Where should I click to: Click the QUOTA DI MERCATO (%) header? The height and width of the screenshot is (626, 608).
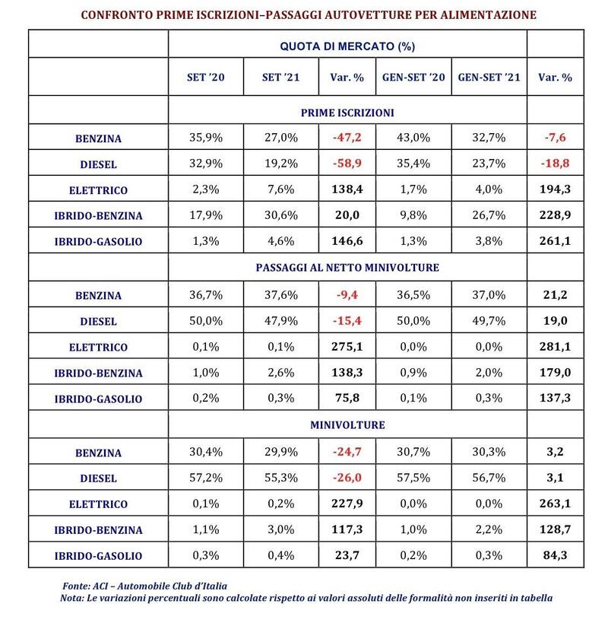coord(347,46)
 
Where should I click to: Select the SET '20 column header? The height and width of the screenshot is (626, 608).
coord(205,77)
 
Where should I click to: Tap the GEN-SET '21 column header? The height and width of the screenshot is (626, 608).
coord(489,77)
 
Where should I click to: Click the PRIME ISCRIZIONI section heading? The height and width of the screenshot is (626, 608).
coord(347,113)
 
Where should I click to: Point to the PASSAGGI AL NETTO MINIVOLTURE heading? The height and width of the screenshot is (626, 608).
coord(347,268)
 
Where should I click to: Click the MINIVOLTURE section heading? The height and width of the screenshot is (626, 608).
coord(347,424)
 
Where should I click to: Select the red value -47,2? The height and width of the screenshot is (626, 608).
coord(347,138)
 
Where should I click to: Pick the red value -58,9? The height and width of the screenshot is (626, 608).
coord(347,164)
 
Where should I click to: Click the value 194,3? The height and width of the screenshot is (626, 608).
coord(555,189)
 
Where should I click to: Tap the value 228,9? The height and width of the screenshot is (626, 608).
coord(555,214)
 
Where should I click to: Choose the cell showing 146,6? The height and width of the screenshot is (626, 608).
coord(347,240)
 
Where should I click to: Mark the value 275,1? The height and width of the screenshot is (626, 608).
coord(347,346)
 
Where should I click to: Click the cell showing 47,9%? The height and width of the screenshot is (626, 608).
coord(281,320)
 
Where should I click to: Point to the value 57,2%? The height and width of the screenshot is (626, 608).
coord(205,478)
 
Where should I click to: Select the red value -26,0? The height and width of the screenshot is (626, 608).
coord(347,478)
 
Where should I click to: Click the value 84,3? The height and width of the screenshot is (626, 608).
coord(555,555)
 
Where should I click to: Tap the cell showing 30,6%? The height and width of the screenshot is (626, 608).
coord(281,214)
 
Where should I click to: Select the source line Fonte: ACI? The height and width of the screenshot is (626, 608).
coord(144,586)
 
